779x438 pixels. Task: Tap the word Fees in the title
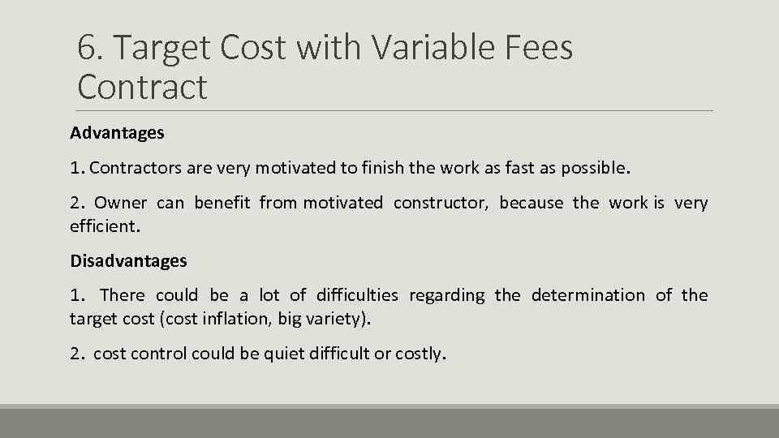point(539,49)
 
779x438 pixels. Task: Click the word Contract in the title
point(142,87)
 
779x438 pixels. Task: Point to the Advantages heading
point(117,132)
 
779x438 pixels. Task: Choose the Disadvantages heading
point(128,260)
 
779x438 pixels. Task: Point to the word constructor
point(441,203)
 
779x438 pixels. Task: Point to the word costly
point(420,354)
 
